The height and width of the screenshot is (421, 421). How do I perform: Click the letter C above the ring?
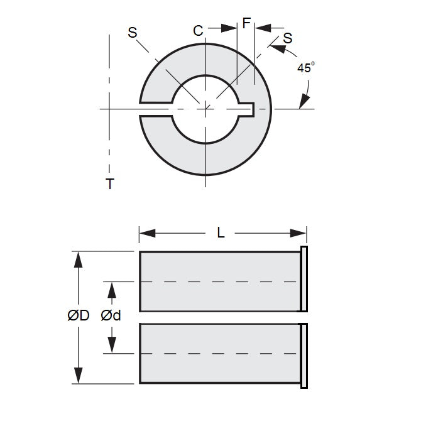198,30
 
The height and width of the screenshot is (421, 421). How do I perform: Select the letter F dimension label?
246,24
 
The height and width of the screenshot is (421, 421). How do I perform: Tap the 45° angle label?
305,68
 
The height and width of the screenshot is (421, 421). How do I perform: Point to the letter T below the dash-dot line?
110,183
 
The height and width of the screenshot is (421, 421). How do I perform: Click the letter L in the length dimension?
221,232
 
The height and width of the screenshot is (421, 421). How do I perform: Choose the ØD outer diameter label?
79,316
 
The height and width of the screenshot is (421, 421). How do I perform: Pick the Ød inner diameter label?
111,316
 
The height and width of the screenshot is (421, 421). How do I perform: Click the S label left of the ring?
133,33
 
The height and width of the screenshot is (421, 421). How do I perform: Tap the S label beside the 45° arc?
287,38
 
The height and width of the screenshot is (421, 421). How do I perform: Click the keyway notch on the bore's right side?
248,109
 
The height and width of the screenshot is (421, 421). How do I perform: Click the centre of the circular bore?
206,109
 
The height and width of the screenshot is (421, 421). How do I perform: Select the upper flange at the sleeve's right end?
304,280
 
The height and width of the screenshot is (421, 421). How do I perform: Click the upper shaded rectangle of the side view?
220,282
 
